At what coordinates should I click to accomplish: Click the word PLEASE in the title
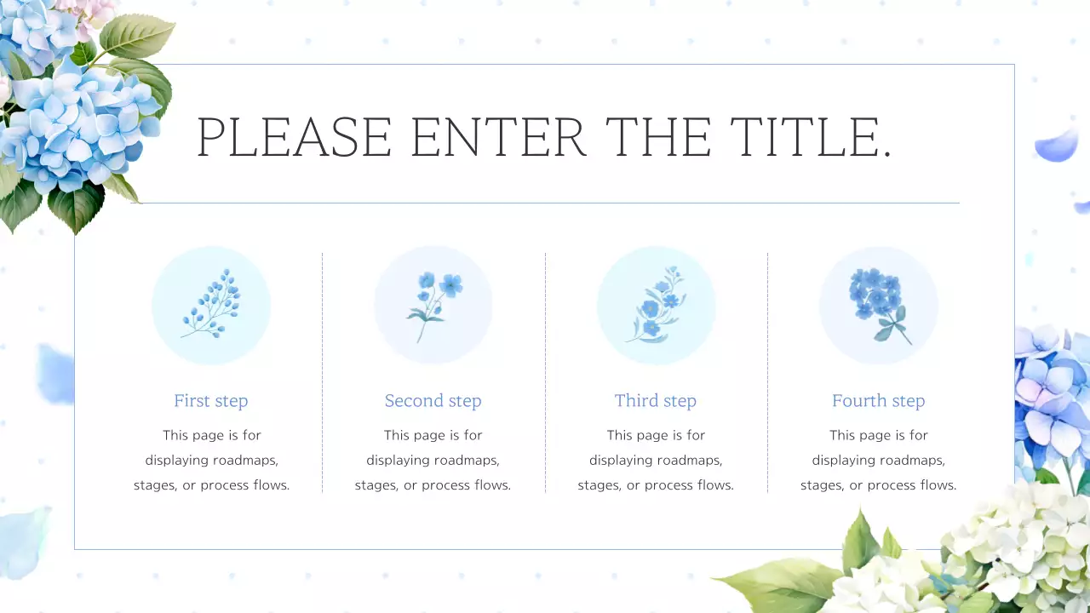click(294, 137)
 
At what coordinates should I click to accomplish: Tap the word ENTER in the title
click(498, 137)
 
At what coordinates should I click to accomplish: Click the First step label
click(211, 401)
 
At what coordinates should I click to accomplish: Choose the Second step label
click(433, 401)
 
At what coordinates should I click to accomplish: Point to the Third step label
click(656, 401)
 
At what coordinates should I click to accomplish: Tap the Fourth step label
click(878, 401)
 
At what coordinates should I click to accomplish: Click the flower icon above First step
click(211, 304)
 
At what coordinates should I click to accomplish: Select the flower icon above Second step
click(434, 306)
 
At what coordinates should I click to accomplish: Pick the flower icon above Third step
click(657, 305)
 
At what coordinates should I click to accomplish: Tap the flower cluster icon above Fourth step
click(879, 306)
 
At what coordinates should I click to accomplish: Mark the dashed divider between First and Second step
click(322, 373)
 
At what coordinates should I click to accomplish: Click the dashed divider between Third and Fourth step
click(767, 373)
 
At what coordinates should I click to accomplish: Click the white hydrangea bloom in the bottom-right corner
click(1013, 545)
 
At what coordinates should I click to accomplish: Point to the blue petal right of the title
click(1057, 145)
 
